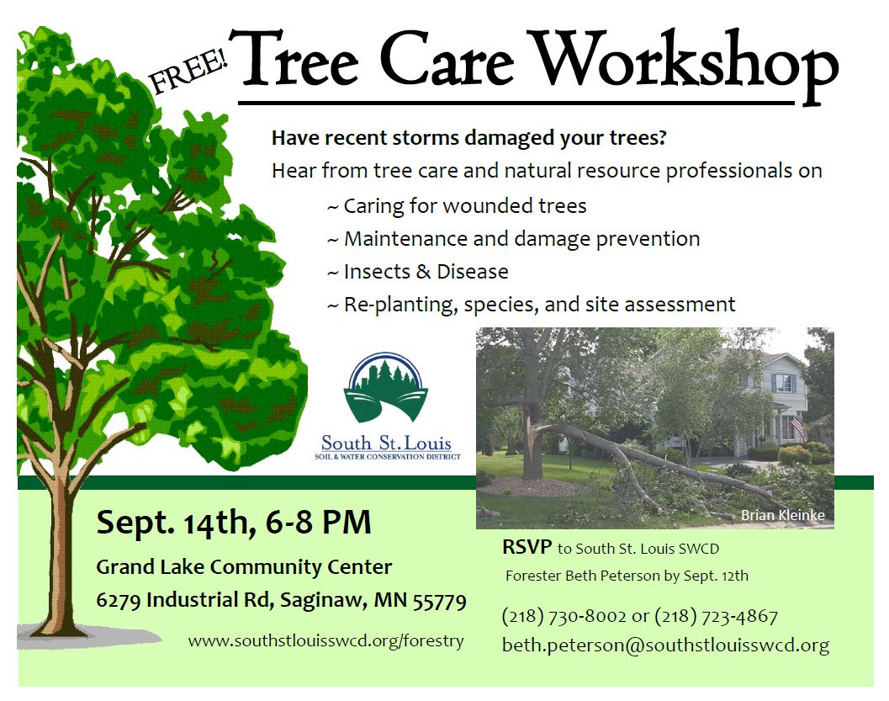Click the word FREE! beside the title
click(x=188, y=72)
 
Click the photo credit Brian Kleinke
click(x=783, y=515)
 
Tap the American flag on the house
click(x=799, y=428)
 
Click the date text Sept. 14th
click(x=173, y=523)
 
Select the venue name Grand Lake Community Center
click(x=244, y=566)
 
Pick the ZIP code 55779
click(x=439, y=601)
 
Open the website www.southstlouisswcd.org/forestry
click(x=326, y=641)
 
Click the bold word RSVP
click(x=527, y=547)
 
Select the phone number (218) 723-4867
click(x=716, y=616)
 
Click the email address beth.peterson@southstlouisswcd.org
click(x=665, y=645)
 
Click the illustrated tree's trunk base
click(x=60, y=624)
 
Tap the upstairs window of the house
click(x=784, y=384)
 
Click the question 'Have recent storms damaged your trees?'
click(x=468, y=138)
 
